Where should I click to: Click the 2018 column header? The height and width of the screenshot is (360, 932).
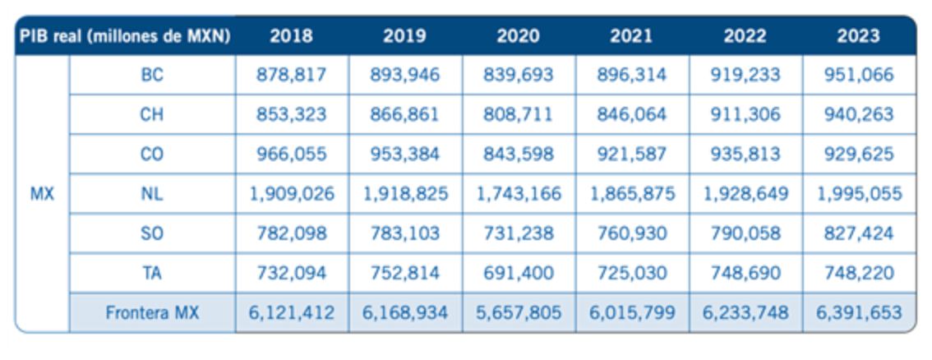point(291,36)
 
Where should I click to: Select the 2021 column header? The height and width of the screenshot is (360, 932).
point(630,36)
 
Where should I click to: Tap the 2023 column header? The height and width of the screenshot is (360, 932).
point(858,36)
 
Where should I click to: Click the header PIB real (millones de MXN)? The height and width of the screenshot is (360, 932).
point(125,36)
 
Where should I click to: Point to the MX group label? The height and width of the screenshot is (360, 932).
point(42,194)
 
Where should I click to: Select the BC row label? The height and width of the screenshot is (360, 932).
point(152,75)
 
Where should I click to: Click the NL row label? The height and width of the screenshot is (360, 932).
point(152,194)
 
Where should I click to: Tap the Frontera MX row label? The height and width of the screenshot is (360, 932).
point(152,313)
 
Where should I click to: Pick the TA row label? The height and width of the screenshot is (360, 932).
point(152,273)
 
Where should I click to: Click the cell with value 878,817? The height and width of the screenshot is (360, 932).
point(291,76)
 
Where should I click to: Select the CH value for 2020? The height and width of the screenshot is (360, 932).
point(518,114)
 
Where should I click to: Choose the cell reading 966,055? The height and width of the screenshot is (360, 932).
point(291,155)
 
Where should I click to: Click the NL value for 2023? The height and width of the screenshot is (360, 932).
point(858,194)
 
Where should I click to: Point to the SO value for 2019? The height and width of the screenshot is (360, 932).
point(405,233)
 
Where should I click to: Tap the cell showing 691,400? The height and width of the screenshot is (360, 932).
point(518,273)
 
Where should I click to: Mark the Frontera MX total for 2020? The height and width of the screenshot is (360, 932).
point(518,313)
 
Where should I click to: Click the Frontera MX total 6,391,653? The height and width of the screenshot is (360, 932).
point(858,313)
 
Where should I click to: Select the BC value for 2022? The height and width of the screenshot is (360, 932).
point(745,76)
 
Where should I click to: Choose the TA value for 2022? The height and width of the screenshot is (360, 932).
point(745,273)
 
